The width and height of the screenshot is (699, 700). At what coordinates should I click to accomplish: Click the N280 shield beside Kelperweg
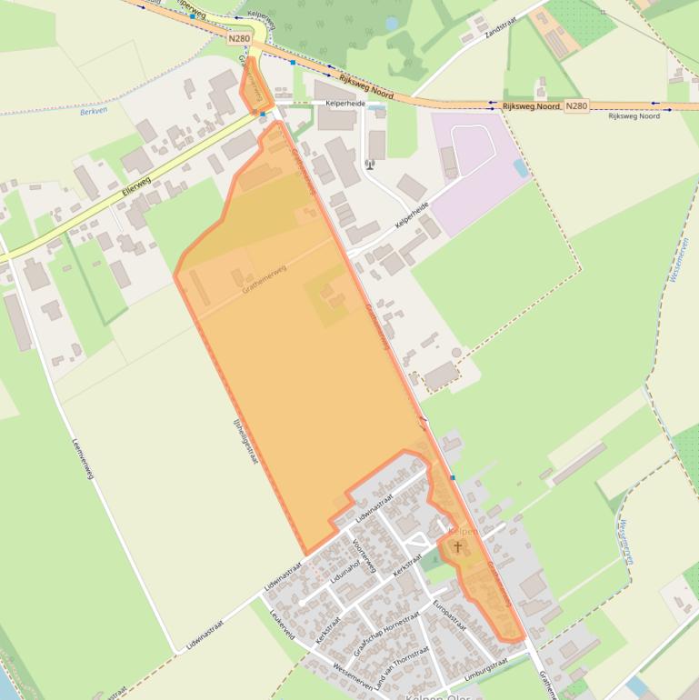click(x=239, y=38)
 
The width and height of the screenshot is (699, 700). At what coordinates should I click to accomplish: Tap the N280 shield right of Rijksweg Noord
click(x=576, y=106)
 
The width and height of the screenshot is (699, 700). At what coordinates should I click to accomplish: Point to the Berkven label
click(x=94, y=111)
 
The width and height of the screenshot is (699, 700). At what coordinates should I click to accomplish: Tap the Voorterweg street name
click(x=364, y=553)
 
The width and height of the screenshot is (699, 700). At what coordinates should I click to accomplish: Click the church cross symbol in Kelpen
click(x=457, y=547)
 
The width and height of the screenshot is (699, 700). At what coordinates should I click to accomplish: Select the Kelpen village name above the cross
click(x=463, y=530)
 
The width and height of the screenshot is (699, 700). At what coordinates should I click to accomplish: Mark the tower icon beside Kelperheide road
click(x=370, y=165)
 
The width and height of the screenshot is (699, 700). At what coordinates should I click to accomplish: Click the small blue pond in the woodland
click(x=392, y=23)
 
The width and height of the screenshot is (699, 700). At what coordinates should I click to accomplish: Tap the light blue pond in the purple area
click(x=520, y=168)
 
